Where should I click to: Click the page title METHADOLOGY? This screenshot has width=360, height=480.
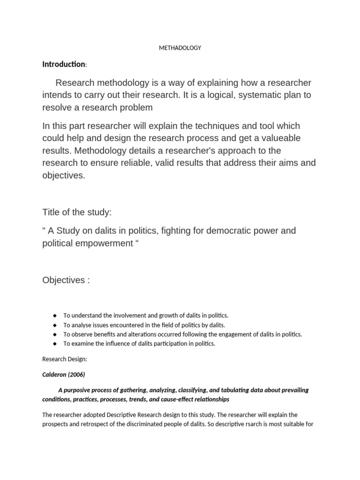pos(180,48)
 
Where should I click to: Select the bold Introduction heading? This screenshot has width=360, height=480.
pos(64,64)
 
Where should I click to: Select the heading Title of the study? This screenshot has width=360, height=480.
pos(77,212)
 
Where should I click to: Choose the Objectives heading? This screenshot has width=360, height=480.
pos(66,280)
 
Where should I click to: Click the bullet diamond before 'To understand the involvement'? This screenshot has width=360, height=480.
pos(54,315)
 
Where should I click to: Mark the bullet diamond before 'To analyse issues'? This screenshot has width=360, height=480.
pos(54,325)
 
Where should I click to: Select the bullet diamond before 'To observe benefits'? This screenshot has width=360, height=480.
pos(54,334)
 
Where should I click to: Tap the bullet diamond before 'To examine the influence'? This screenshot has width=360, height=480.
pos(54,344)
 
